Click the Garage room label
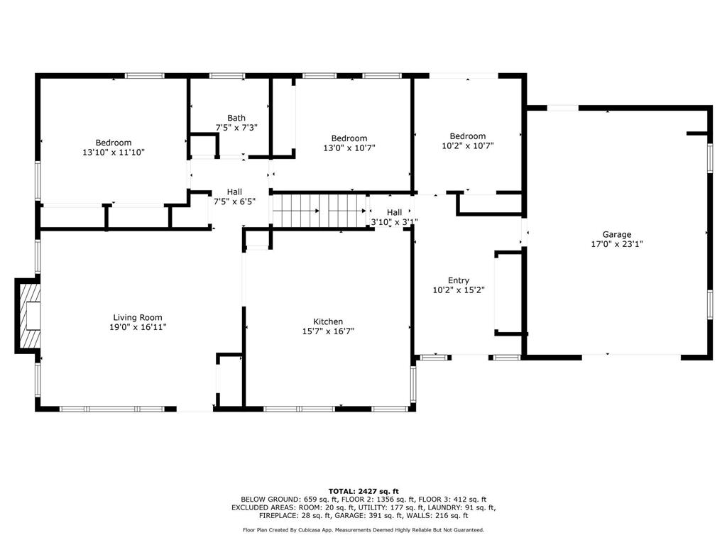616,234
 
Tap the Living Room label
138,317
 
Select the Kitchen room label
328,321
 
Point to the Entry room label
458,280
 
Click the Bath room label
236,118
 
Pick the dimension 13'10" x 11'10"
114,152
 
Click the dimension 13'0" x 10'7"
349,148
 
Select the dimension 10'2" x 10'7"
467,145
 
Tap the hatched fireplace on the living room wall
29,316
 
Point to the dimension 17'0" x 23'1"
616,243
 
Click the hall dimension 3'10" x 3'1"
394,221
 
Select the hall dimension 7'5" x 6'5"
234,201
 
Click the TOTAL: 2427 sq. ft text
363,491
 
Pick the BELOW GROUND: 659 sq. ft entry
280,500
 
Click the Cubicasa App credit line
363,530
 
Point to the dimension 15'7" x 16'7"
328,331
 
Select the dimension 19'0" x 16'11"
138,326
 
